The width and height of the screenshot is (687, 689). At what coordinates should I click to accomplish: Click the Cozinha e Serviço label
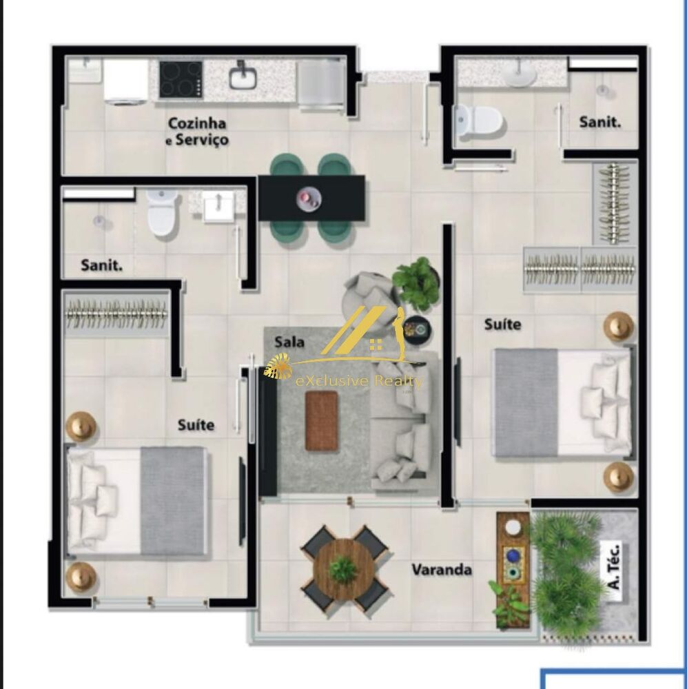[197, 132]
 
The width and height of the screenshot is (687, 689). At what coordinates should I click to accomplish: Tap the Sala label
[289, 342]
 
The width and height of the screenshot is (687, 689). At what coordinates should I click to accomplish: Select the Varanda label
[442, 570]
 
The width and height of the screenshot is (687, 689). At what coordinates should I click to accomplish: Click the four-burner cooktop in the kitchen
[181, 80]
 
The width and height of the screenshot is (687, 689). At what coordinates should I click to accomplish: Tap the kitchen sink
[243, 77]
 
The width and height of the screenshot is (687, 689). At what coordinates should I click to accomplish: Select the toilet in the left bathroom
[163, 213]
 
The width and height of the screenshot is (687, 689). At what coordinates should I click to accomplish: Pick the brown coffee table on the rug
[322, 420]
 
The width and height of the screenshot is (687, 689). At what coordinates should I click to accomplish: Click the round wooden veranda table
[343, 569]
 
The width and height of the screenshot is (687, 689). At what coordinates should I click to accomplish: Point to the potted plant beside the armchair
[416, 282]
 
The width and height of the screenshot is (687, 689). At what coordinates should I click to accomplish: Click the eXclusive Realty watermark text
[358, 381]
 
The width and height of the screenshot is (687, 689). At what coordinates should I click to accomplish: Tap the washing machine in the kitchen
[126, 82]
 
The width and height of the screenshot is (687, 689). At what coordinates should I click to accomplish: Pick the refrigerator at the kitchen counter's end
[321, 84]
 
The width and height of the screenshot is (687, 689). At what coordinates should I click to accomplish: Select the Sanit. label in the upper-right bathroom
[599, 122]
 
